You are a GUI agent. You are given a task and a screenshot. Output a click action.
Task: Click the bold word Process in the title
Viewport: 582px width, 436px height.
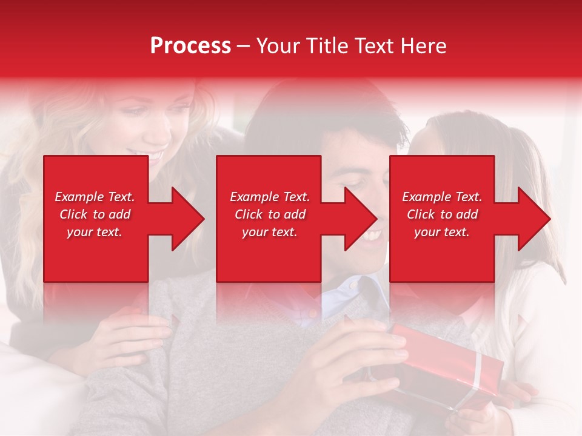[x=190, y=46]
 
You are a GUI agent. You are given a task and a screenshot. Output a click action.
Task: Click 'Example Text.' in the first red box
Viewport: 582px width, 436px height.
[x=95, y=197]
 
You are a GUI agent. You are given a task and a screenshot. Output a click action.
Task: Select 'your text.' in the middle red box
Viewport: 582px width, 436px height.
[x=269, y=232]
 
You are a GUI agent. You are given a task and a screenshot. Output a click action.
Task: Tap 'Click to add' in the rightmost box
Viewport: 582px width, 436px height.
[x=442, y=214]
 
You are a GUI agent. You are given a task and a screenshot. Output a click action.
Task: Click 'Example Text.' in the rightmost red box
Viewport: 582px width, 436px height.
[x=442, y=197]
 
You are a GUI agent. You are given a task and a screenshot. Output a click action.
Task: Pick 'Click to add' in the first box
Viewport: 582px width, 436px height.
[x=95, y=214]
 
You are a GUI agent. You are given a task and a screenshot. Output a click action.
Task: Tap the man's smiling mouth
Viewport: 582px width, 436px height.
[x=371, y=233]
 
